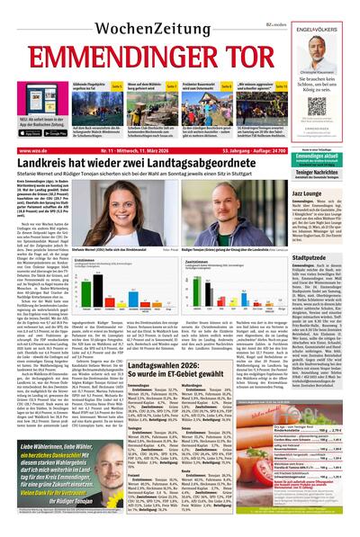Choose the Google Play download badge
pyautogui.click(x=56, y=132)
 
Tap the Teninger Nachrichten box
pyautogui.click(x=323, y=172)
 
